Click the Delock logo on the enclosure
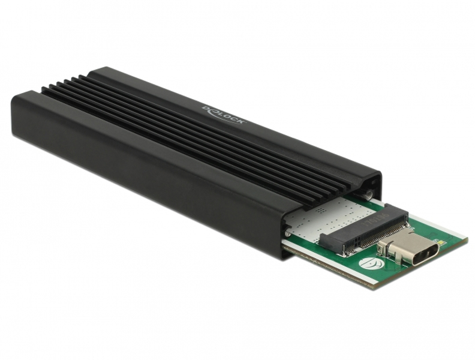[x=223, y=115]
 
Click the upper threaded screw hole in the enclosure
[x=368, y=195]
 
